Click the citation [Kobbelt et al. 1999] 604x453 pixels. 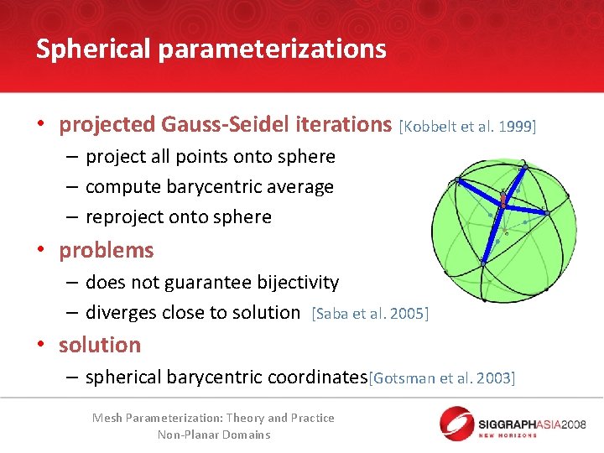point(467,127)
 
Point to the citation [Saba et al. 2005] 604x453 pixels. point(369,314)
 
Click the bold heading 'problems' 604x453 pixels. point(107,250)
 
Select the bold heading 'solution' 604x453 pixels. point(100,345)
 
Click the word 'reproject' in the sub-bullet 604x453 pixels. point(124,217)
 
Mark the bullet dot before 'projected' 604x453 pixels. point(39,126)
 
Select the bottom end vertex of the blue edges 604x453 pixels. point(482,263)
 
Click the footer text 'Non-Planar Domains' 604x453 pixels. point(214,435)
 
